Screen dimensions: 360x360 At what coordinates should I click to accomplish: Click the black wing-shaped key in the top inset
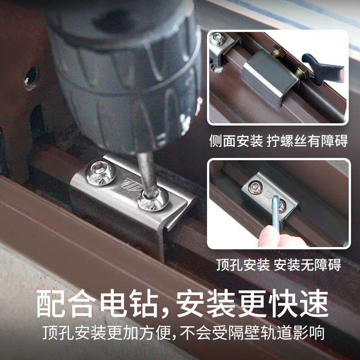click(x=323, y=65)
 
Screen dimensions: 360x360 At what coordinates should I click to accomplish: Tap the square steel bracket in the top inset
click(x=270, y=76)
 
